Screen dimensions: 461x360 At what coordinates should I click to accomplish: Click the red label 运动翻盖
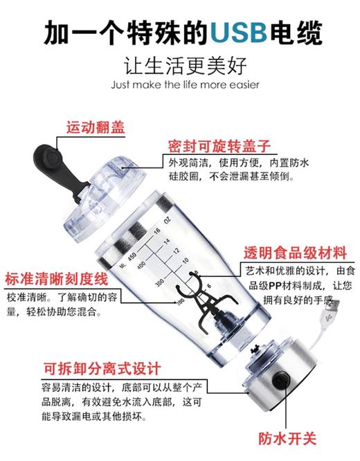(96, 128)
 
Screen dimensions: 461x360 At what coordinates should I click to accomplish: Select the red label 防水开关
(287, 438)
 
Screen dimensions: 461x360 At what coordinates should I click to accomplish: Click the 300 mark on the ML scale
(161, 285)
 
